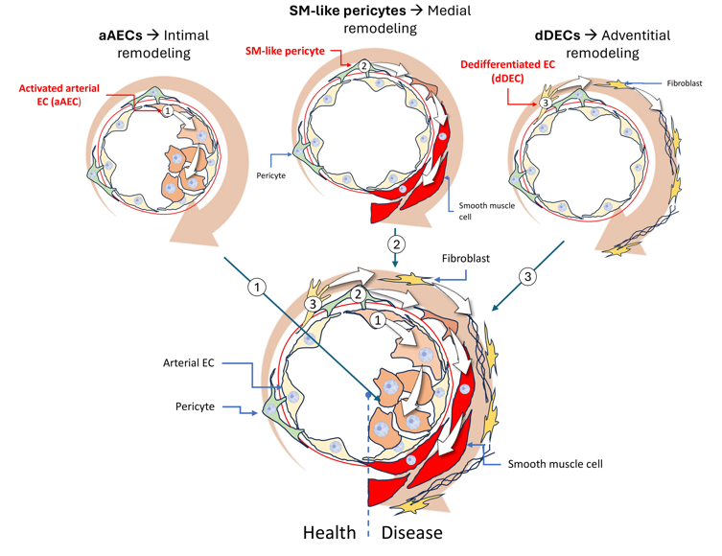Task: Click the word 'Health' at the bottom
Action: pyautogui.click(x=331, y=532)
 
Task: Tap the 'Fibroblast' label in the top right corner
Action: pyautogui.click(x=683, y=83)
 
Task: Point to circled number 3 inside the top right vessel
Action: pyautogui.click(x=544, y=103)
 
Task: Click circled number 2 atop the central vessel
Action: pyautogui.click(x=356, y=294)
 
